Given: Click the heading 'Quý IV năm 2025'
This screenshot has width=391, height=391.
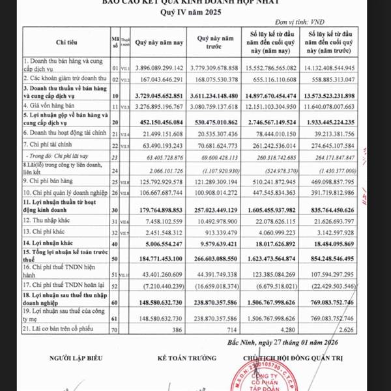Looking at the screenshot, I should [195, 14].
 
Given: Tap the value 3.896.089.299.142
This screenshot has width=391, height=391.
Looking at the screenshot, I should [159, 67].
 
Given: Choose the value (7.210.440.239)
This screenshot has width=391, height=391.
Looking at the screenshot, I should [161, 285].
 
